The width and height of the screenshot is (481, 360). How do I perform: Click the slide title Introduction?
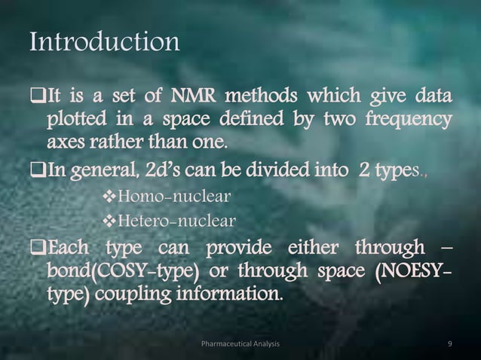(104, 42)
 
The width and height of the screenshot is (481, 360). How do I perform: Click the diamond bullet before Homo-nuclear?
(105, 197)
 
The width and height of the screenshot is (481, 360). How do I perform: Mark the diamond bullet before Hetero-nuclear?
(105, 221)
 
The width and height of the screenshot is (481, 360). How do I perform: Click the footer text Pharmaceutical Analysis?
(241, 344)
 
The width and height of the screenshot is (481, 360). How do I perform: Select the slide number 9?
(449, 344)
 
